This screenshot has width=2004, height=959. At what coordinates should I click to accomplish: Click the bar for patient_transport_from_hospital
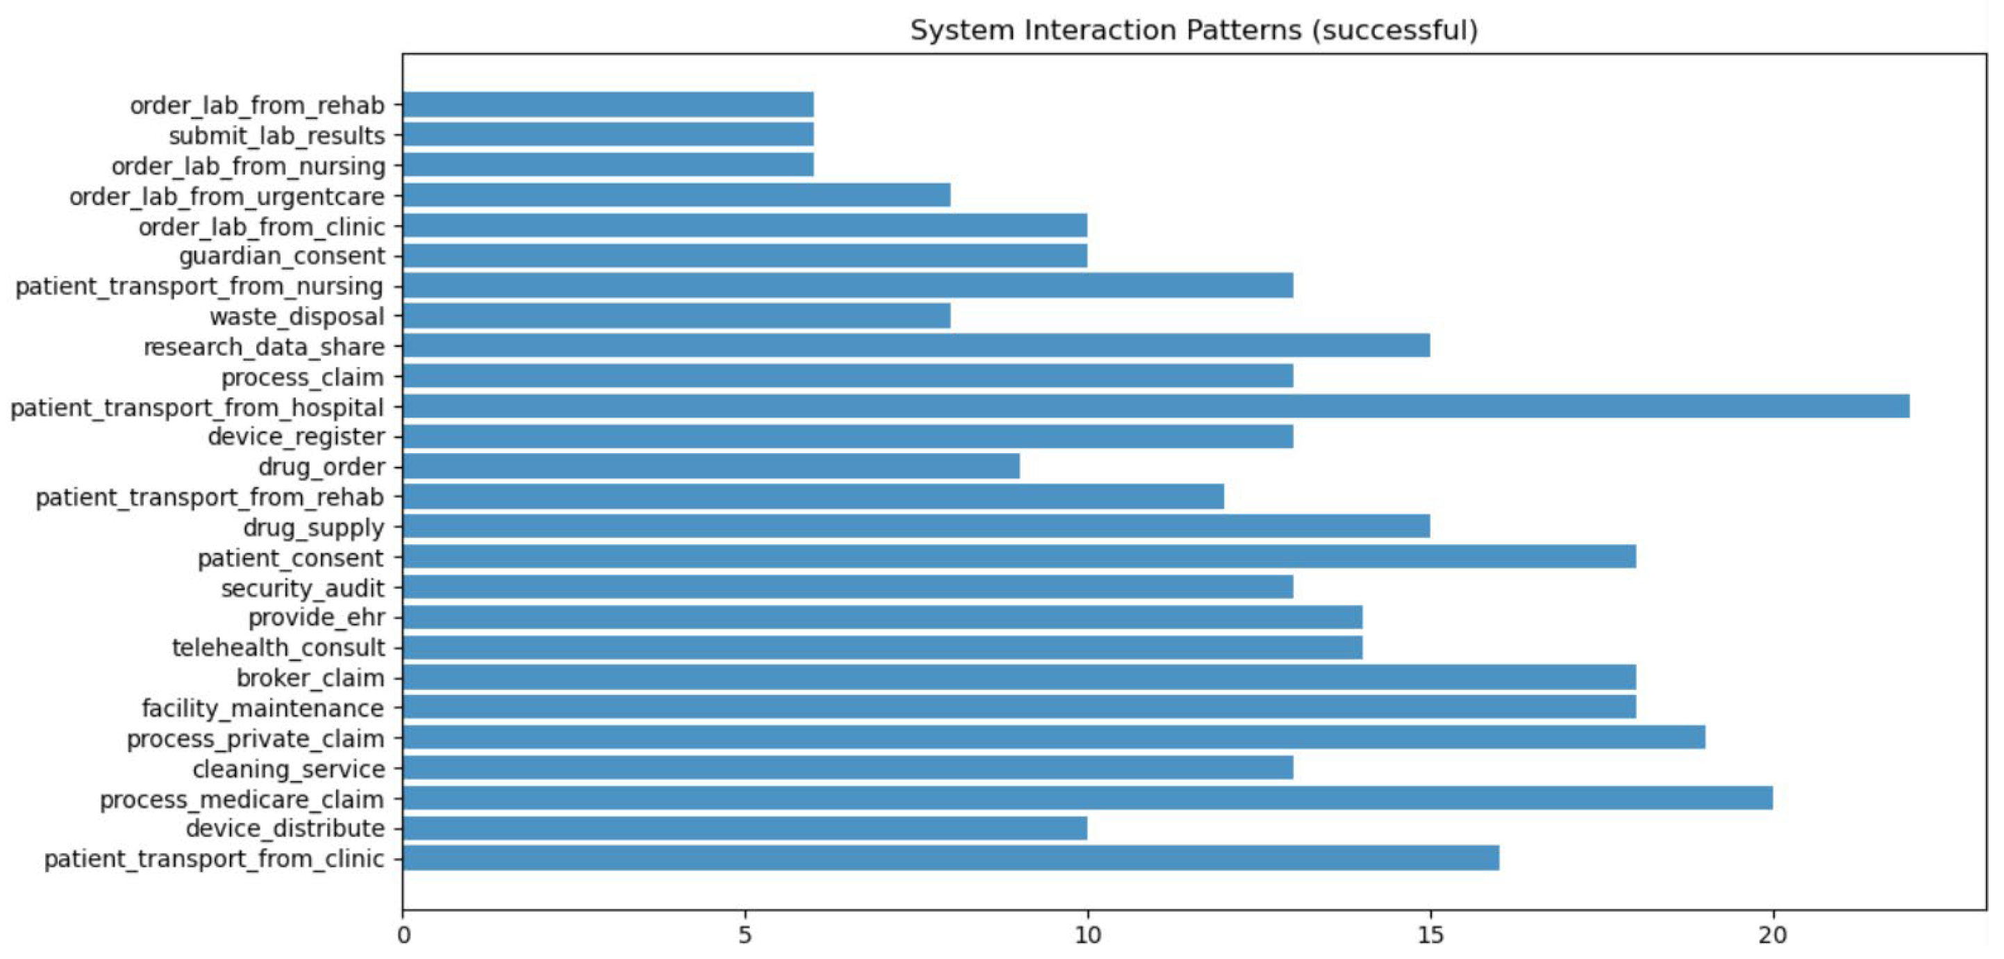pyautogui.click(x=1155, y=407)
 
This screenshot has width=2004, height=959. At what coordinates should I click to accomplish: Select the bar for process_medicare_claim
pyautogui.click(x=1087, y=798)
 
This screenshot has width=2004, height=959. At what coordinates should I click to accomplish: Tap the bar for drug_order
pyautogui.click(x=710, y=466)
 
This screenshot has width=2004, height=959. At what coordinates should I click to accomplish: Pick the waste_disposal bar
pyautogui.click(x=676, y=316)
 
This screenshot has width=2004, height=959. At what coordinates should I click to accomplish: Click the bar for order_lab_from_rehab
pyautogui.click(x=608, y=104)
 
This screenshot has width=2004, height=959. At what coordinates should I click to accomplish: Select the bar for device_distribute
pyautogui.click(x=744, y=828)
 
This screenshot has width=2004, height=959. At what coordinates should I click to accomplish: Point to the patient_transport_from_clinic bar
pyautogui.click(x=951, y=859)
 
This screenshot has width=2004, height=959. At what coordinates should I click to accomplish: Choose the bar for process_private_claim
pyautogui.click(x=1053, y=737)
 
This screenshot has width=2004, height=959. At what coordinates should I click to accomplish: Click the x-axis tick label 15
pyautogui.click(x=1429, y=935)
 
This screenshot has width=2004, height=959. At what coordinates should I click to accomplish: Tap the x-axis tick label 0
pyautogui.click(x=403, y=935)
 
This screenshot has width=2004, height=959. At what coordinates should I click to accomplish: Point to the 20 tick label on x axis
pyautogui.click(x=1772, y=935)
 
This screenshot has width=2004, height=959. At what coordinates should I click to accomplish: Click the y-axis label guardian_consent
pyautogui.click(x=282, y=256)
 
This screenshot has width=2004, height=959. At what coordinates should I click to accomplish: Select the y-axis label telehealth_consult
pyautogui.click(x=278, y=648)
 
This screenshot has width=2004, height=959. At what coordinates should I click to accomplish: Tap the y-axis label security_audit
pyautogui.click(x=303, y=588)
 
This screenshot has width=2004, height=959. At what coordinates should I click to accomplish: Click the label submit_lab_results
pyautogui.click(x=276, y=136)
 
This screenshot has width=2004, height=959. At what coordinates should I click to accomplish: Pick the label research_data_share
pyautogui.click(x=264, y=346)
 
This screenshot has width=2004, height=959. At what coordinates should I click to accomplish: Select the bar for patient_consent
pyautogui.click(x=1019, y=557)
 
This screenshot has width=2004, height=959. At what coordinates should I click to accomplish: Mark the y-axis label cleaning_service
pyautogui.click(x=289, y=769)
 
